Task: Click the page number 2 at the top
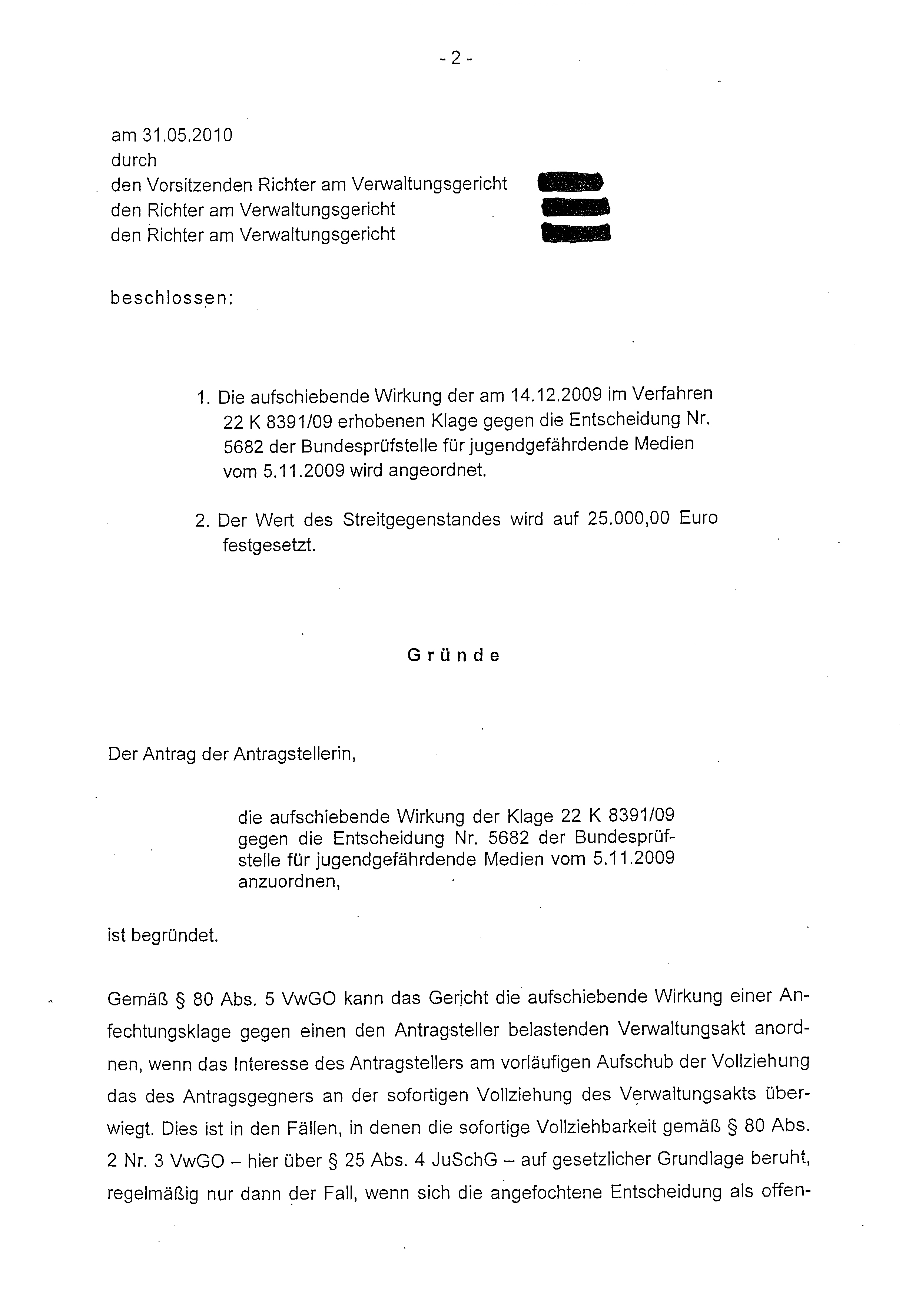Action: pos(456,58)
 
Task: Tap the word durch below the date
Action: pos(134,161)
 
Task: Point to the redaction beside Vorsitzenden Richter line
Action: pos(569,183)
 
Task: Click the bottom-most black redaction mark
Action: pos(577,233)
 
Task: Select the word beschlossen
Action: pos(171,298)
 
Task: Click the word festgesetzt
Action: pos(269,546)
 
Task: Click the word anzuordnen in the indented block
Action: pos(289,882)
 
